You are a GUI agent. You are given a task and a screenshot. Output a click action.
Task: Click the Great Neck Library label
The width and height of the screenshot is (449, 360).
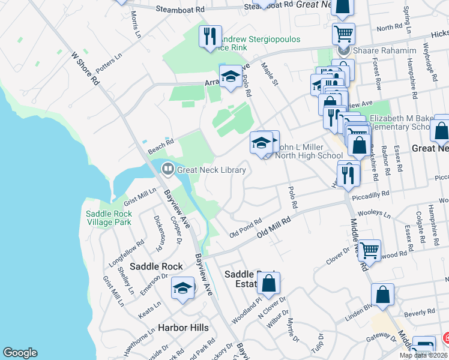211,170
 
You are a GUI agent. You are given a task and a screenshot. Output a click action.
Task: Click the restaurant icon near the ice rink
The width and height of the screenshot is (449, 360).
210,37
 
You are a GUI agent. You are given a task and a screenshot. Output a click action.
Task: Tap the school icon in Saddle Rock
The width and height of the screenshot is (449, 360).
183,289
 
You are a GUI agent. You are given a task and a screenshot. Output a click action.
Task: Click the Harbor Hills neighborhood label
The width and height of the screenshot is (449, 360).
183,328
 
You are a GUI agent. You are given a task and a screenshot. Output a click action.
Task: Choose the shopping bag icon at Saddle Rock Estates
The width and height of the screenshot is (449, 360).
270,284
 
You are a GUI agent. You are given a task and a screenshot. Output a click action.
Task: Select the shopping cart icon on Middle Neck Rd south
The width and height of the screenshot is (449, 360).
369,249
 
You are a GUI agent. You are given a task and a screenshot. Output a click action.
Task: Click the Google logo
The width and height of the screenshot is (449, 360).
20,353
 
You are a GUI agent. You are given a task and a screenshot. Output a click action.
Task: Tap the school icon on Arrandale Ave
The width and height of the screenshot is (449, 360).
231,77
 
